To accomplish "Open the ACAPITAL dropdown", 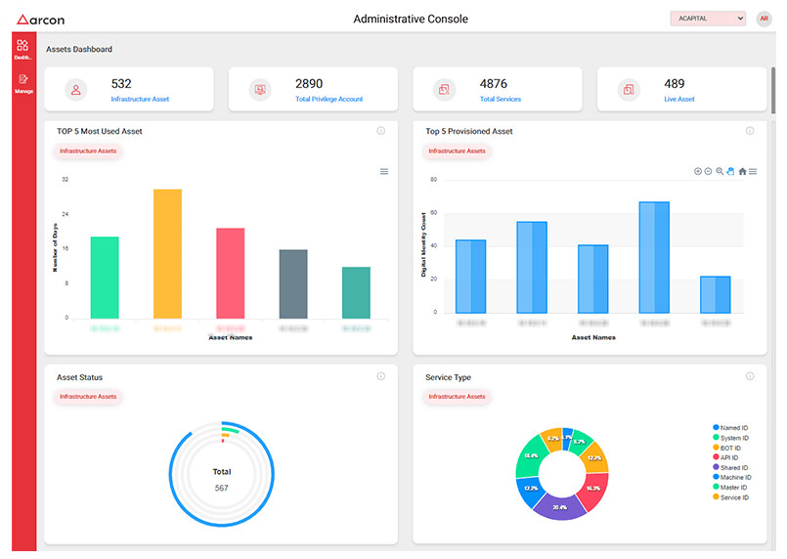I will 708,19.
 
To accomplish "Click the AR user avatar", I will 764,19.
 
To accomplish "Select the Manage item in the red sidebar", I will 23,82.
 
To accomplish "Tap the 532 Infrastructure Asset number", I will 121,84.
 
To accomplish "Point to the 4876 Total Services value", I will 494,84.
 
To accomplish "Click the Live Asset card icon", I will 628,90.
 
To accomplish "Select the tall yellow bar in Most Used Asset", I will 167,254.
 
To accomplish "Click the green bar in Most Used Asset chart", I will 105,278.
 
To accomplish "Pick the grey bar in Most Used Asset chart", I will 293,283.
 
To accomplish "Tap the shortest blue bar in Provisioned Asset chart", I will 716,294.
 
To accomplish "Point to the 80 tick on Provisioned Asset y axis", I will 432,180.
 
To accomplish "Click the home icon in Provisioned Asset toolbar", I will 742,171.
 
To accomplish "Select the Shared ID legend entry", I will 734,467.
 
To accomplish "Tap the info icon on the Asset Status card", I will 381,376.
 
